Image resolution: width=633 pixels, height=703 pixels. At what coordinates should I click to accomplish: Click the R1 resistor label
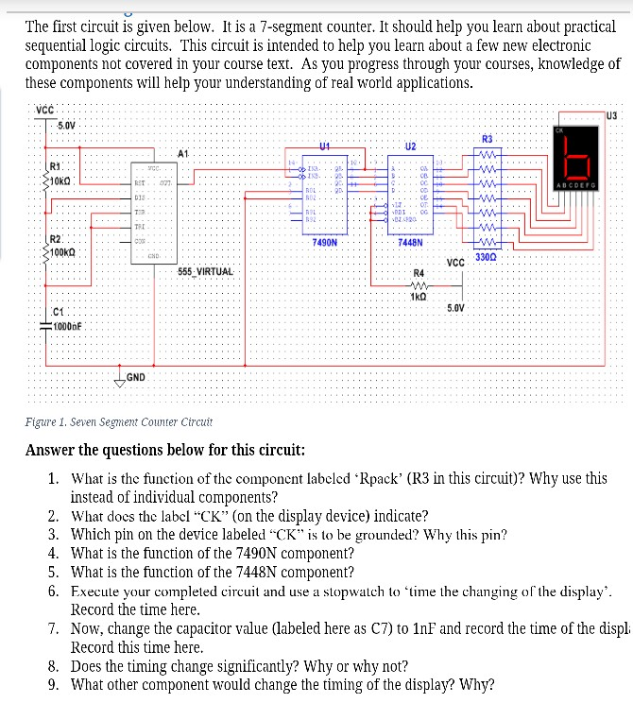click(57, 168)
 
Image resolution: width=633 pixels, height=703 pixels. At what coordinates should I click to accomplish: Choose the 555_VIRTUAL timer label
click(205, 272)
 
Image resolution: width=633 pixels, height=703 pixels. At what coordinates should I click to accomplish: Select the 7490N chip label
click(325, 243)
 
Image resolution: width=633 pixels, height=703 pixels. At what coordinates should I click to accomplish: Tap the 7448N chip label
click(412, 243)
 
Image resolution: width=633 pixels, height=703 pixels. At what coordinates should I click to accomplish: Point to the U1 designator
click(324, 146)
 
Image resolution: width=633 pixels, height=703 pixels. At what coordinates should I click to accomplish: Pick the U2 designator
click(410, 146)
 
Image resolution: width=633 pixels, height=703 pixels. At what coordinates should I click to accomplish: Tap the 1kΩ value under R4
click(420, 297)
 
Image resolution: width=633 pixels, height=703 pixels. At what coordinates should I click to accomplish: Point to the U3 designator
click(611, 115)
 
